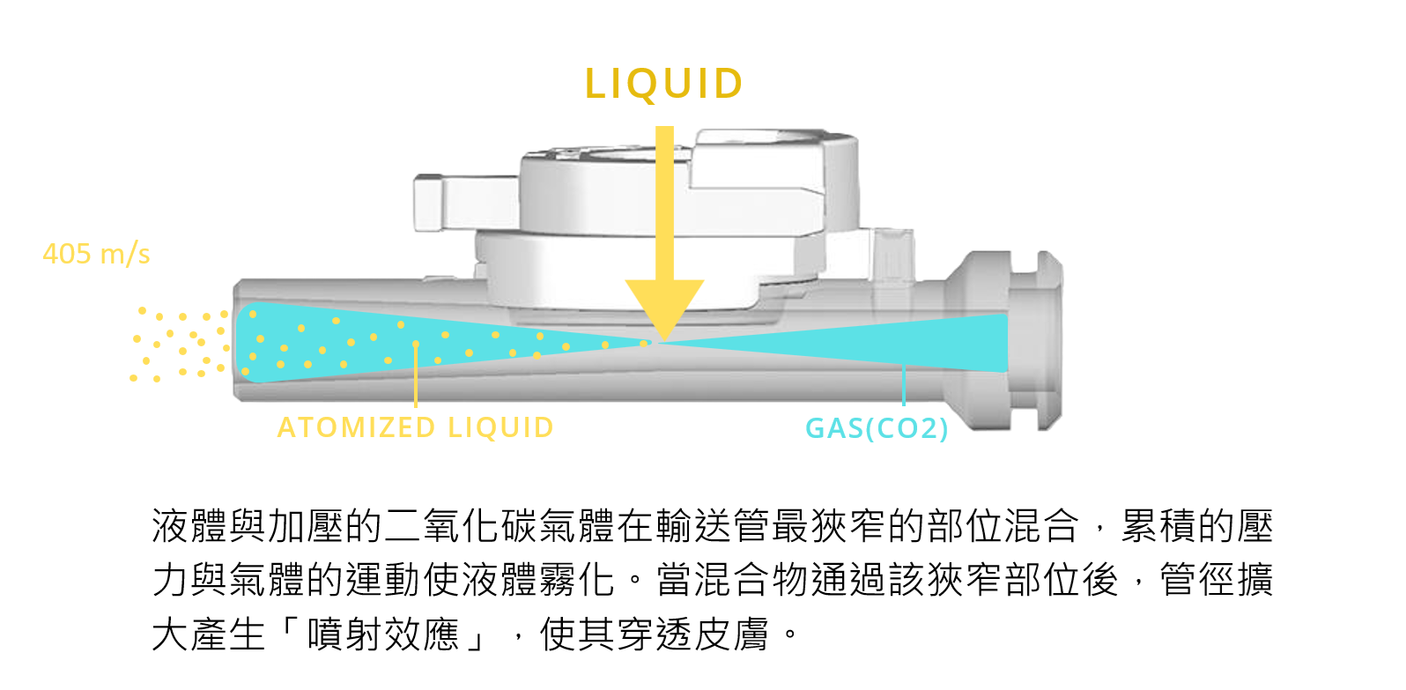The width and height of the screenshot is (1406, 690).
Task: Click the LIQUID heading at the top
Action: pyautogui.click(x=664, y=85)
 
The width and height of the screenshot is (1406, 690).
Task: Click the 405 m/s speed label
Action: pyautogui.click(x=96, y=255)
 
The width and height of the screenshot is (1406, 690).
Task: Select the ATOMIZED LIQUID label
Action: pyautogui.click(x=415, y=428)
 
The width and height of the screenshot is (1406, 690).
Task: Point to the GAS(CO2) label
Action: pyautogui.click(x=877, y=429)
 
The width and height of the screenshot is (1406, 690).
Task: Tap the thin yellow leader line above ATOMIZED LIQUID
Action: pyautogui.click(x=416, y=375)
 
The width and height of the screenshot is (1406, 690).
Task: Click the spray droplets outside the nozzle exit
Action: pyautogui.click(x=181, y=344)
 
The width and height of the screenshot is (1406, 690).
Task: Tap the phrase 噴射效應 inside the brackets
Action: pyautogui.click(x=383, y=634)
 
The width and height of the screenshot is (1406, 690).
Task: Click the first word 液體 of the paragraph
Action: pyautogui.click(x=189, y=527)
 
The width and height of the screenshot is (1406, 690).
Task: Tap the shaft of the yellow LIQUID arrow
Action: pyautogui.click(x=664, y=203)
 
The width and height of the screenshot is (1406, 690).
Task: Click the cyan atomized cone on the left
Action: pyautogui.click(x=352, y=342)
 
